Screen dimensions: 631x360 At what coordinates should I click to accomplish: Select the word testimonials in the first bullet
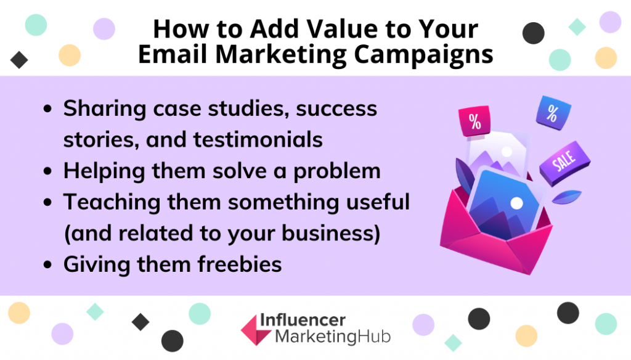click(x=258, y=140)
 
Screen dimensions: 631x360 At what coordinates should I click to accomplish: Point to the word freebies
click(x=240, y=264)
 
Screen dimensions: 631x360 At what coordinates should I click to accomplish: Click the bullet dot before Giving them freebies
click(x=48, y=264)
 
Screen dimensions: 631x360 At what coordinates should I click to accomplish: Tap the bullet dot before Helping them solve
click(x=48, y=171)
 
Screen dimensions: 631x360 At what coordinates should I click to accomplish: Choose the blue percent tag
click(x=553, y=113)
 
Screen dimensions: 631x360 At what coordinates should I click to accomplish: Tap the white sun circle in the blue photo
click(x=516, y=203)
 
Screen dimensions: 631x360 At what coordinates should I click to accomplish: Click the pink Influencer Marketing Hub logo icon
click(x=255, y=330)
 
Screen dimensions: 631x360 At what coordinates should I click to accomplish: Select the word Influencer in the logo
click(x=303, y=321)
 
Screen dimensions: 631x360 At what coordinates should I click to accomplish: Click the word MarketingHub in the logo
click(x=333, y=337)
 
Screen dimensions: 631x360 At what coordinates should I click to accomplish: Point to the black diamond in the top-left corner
click(x=19, y=60)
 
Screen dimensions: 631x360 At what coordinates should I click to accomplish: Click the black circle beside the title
click(x=534, y=33)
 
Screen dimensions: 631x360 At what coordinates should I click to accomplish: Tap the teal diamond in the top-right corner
click(x=577, y=27)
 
